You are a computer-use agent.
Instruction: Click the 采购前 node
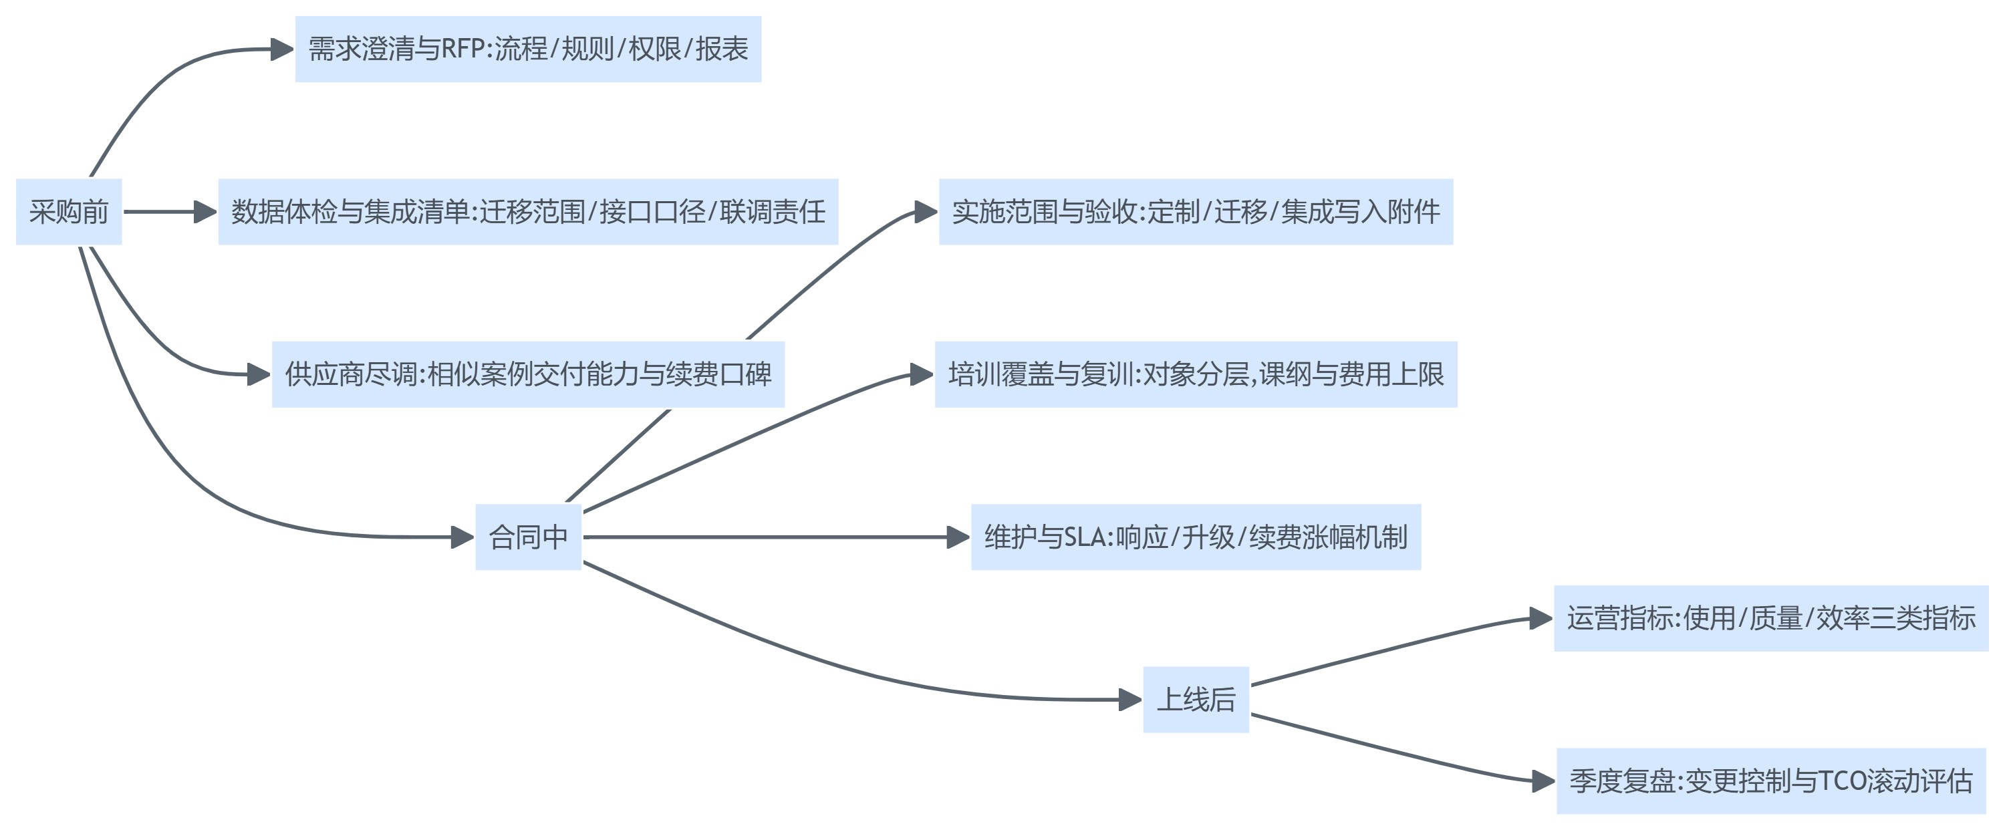coord(68,212)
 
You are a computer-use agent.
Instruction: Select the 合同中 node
coord(528,537)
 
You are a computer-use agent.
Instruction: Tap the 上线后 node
coord(1196,699)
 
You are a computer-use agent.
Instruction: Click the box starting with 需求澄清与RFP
coord(528,49)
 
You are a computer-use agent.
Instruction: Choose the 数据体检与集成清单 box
coord(528,212)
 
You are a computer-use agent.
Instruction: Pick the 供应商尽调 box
coord(528,374)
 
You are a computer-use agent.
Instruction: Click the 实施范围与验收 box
coord(1196,212)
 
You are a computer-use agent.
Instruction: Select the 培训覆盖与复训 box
coord(1196,374)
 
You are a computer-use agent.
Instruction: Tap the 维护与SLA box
coord(1196,537)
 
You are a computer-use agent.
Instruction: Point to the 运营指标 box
coord(1770,618)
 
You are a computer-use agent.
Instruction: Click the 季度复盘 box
coord(1770,781)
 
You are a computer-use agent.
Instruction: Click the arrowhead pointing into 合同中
coord(462,537)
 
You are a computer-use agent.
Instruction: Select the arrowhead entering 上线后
coord(1130,699)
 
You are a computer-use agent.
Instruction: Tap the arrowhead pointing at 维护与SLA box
coord(958,537)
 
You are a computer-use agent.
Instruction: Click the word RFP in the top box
coord(464,49)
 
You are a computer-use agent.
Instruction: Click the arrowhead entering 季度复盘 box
coord(1543,781)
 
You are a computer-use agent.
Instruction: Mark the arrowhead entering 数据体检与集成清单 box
coord(205,212)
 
